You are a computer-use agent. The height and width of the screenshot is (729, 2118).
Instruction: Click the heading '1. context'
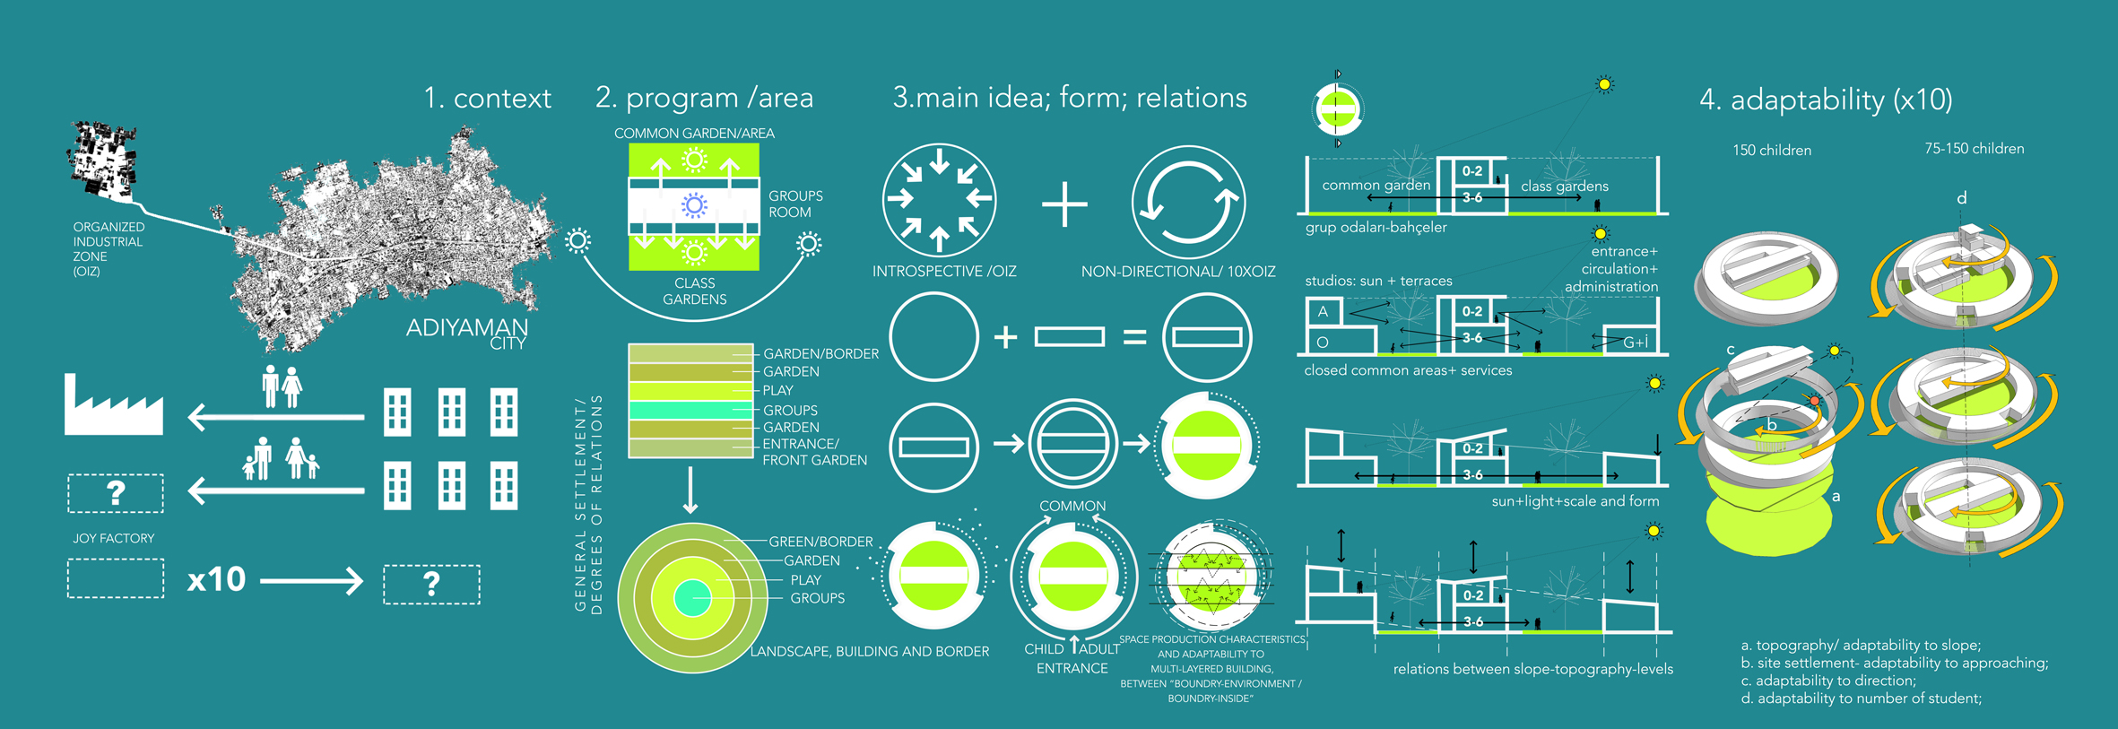pyautogui.click(x=487, y=98)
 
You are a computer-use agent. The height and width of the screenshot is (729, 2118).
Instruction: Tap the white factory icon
pyautogui.click(x=114, y=408)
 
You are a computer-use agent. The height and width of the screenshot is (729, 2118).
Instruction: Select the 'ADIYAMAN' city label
pyautogui.click(x=466, y=327)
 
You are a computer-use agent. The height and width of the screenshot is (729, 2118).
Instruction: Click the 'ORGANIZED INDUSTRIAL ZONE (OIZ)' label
pyautogui.click(x=109, y=249)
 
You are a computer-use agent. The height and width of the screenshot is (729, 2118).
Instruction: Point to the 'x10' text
pyautogui.click(x=216, y=579)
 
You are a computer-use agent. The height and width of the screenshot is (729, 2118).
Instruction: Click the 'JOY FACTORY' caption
pyautogui.click(x=114, y=538)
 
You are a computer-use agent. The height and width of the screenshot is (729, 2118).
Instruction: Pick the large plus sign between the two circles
pyautogui.click(x=1064, y=204)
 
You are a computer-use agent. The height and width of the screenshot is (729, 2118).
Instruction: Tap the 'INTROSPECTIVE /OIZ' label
pyautogui.click(x=944, y=271)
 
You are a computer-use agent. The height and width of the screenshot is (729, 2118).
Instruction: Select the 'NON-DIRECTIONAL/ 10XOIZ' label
pyautogui.click(x=1177, y=271)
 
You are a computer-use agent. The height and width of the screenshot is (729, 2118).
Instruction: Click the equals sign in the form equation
pyautogui.click(x=1134, y=337)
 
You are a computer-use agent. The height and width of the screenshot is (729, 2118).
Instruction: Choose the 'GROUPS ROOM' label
pyautogui.click(x=794, y=204)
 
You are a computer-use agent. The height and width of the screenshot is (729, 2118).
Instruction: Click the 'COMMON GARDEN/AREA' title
pyautogui.click(x=694, y=134)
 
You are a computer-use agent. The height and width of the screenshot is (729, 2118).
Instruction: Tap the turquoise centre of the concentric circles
pyautogui.click(x=692, y=598)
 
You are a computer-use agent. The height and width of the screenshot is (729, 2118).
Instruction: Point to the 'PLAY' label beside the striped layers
pyautogui.click(x=777, y=390)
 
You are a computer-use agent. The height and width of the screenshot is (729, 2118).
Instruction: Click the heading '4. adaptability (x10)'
pyautogui.click(x=1826, y=100)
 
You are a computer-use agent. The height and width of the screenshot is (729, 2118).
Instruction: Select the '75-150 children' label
pyautogui.click(x=1974, y=149)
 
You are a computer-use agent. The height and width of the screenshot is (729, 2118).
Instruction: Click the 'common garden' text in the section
pyautogui.click(x=1376, y=186)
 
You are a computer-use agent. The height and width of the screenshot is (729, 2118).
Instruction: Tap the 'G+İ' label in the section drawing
pyautogui.click(x=1636, y=342)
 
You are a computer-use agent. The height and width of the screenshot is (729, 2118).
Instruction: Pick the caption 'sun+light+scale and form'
pyautogui.click(x=1575, y=501)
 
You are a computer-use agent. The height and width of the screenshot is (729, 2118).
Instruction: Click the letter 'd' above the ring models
pyautogui.click(x=1961, y=198)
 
